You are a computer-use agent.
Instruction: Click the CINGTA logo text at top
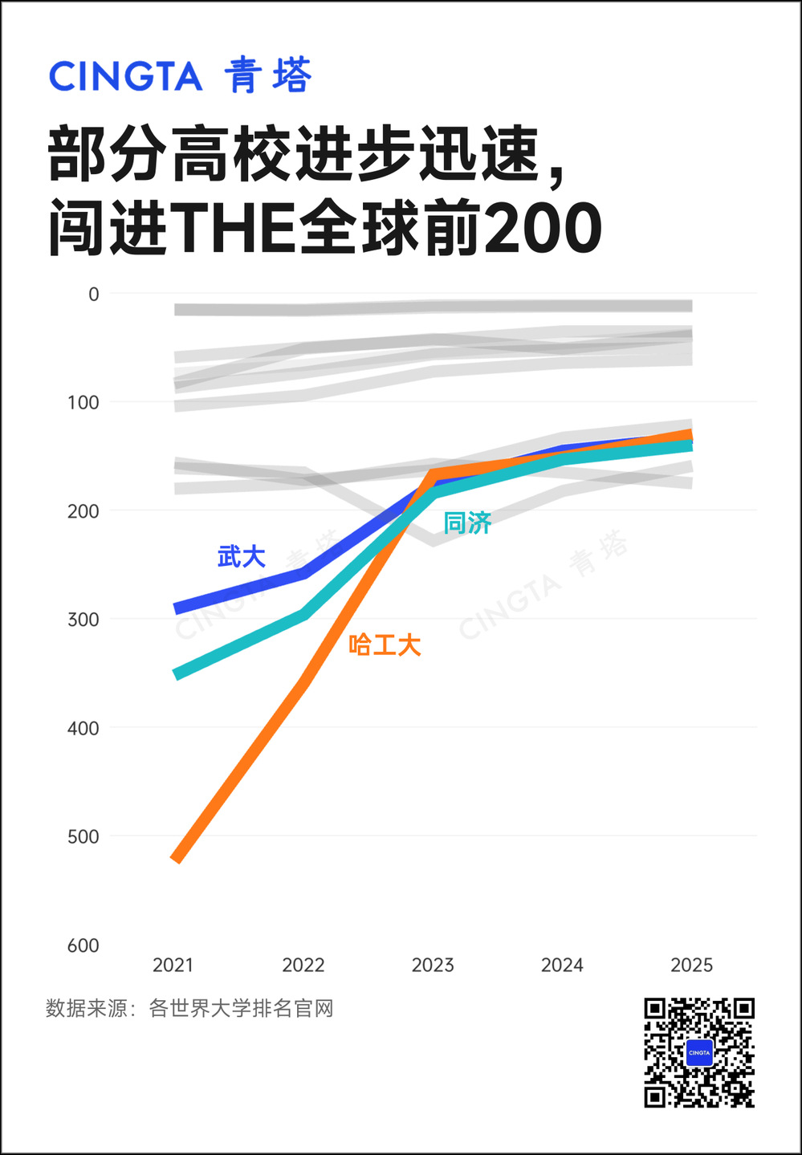(125, 76)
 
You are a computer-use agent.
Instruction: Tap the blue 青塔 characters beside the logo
(268, 75)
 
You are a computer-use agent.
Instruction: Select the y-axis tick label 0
(93, 295)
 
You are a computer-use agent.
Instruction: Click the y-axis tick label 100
(83, 403)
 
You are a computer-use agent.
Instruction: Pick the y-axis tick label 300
(83, 620)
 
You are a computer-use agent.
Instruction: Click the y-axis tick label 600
(83, 946)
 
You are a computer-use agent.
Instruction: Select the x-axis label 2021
(173, 966)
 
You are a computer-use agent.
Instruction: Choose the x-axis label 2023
(433, 966)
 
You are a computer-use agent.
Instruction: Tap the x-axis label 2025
(692, 966)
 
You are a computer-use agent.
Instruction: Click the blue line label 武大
(242, 557)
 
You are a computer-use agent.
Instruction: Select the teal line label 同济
(468, 523)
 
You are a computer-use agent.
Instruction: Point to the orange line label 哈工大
(385, 645)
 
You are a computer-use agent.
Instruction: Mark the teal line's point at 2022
(304, 615)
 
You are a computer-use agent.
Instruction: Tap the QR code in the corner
(699, 1052)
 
